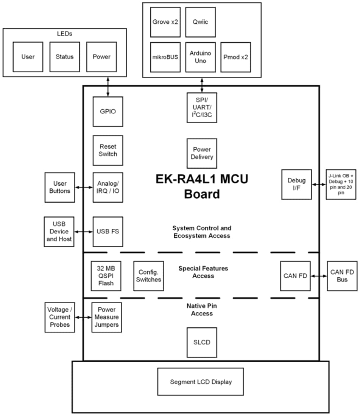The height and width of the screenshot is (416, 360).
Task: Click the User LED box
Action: (x=28, y=57)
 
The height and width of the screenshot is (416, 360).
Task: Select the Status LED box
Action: (x=65, y=57)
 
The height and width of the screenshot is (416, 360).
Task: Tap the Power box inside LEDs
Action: (x=101, y=57)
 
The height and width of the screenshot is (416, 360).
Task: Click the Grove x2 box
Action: (x=165, y=22)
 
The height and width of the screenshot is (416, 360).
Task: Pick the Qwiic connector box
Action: (x=200, y=22)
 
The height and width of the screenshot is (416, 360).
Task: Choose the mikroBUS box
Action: (x=165, y=57)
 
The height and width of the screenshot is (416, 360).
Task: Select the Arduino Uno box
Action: (x=200, y=57)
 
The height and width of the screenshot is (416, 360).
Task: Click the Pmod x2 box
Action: (x=235, y=57)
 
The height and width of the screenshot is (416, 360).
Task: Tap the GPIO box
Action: (x=108, y=112)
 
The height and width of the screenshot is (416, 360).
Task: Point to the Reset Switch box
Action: (x=108, y=150)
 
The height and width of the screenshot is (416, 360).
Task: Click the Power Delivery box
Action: (x=202, y=153)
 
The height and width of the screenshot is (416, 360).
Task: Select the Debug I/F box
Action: (x=296, y=185)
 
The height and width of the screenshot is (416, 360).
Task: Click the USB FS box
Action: (x=108, y=231)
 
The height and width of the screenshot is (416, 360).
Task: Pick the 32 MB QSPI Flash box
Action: (x=106, y=276)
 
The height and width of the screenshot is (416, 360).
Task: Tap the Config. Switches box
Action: (x=148, y=276)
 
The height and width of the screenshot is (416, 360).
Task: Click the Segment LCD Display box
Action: (x=201, y=382)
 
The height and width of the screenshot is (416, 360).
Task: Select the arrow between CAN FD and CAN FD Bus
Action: (x=319, y=276)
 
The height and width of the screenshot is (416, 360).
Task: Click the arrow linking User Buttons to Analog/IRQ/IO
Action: (x=84, y=187)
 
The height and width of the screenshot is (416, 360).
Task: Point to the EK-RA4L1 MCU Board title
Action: (x=202, y=186)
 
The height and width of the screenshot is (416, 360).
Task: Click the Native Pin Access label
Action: (x=202, y=310)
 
